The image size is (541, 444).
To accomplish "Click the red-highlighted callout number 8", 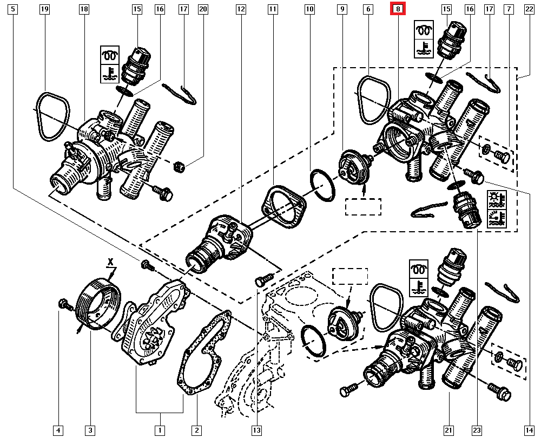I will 398,9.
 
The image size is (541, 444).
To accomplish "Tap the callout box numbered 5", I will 13,9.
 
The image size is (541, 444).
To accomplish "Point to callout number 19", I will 45,9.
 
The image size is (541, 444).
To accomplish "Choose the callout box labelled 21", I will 448,430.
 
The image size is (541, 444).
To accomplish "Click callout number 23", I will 476,430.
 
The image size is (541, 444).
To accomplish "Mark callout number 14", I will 528,430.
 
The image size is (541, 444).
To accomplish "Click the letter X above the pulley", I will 110,261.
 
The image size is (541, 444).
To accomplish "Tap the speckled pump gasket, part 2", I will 204,352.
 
